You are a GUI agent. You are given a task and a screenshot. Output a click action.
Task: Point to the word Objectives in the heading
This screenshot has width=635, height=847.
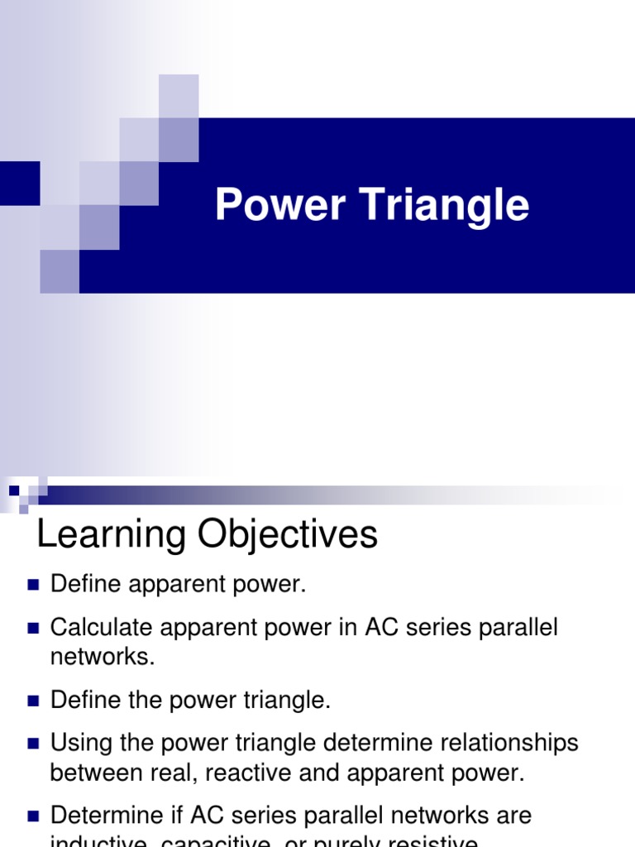point(284,534)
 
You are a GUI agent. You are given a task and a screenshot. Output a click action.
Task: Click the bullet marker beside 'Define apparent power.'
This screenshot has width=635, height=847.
point(34,586)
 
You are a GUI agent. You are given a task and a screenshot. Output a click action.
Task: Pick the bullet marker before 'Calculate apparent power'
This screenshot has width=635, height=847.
point(34,629)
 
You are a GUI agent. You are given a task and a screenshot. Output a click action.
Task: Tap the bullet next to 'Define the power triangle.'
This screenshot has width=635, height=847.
point(34,701)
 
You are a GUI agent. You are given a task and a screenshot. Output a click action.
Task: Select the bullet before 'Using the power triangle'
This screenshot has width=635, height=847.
point(34,744)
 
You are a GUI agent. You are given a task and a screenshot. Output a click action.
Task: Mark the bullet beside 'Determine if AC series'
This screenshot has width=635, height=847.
point(34,817)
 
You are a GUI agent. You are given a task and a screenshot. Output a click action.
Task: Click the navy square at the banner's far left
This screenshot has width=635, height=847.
point(19,183)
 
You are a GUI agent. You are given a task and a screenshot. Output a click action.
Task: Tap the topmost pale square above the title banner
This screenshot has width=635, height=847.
point(179,95)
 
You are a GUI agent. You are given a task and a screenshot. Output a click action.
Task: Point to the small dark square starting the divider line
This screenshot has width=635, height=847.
point(14,490)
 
